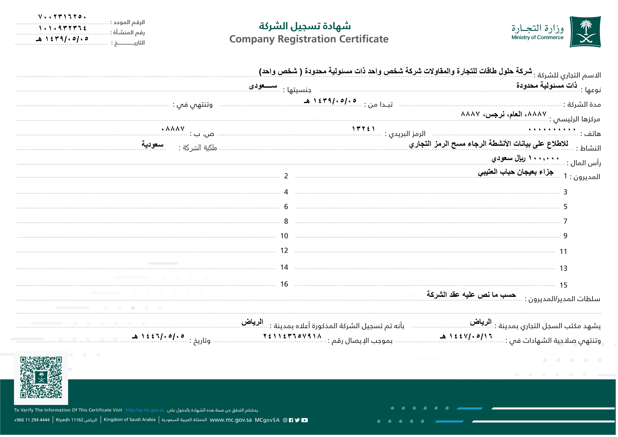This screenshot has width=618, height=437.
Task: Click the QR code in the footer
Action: tap(41, 377)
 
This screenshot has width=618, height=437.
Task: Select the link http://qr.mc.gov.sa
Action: tap(144, 410)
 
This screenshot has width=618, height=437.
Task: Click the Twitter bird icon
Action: tap(297, 420)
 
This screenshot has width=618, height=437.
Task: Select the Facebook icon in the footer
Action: tap(291, 420)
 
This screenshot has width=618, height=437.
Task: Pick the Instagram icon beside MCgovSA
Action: tap(285, 420)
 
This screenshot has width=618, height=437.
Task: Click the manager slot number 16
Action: tap(284, 284)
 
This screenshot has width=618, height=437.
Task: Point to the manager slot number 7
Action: tap(565, 221)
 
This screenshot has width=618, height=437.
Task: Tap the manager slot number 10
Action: tap(284, 236)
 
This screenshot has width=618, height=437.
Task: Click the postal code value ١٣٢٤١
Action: tap(363, 129)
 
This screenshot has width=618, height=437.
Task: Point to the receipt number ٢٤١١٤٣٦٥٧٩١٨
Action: tap(292, 336)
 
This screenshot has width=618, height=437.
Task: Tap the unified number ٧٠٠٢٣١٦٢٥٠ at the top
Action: tap(62, 17)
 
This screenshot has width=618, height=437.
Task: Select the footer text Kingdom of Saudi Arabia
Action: tap(129, 420)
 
